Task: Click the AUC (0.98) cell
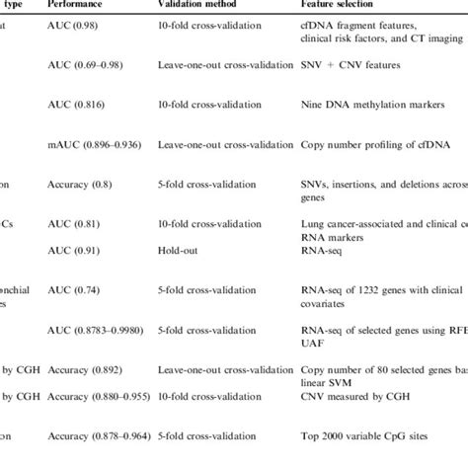[71, 24]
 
